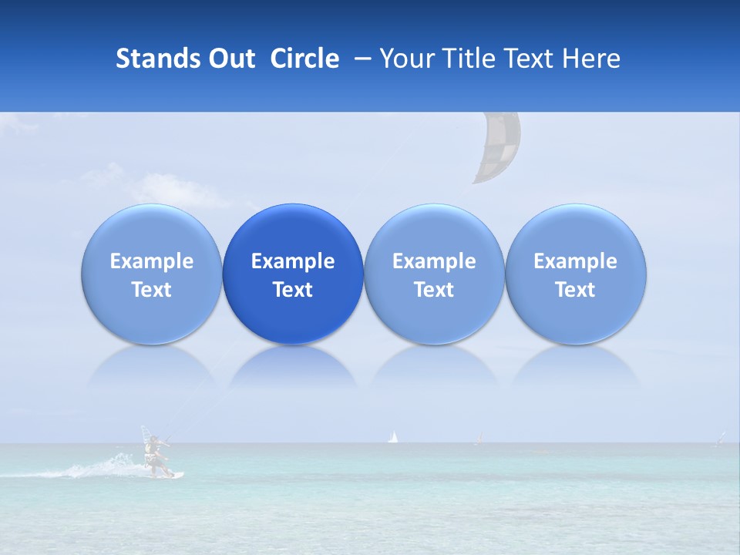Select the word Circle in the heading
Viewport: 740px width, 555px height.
(304, 59)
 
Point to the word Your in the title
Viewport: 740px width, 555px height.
(405, 59)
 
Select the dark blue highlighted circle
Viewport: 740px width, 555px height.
(293, 274)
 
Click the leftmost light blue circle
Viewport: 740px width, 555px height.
(152, 274)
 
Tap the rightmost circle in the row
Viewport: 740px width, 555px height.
(576, 274)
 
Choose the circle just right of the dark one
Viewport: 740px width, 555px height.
(434, 274)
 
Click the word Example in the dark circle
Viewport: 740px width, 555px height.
(293, 261)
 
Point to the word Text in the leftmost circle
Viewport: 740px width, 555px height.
(152, 290)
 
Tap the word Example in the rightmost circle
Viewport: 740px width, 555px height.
(576, 261)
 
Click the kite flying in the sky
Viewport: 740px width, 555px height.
(496, 148)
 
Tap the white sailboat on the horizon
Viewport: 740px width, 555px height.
(393, 437)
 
